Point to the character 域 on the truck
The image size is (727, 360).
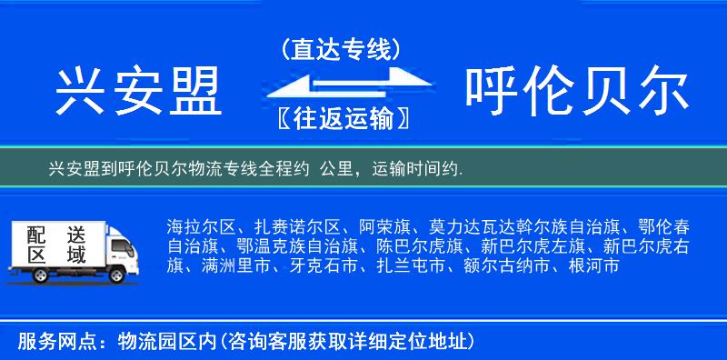point(75,255)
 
